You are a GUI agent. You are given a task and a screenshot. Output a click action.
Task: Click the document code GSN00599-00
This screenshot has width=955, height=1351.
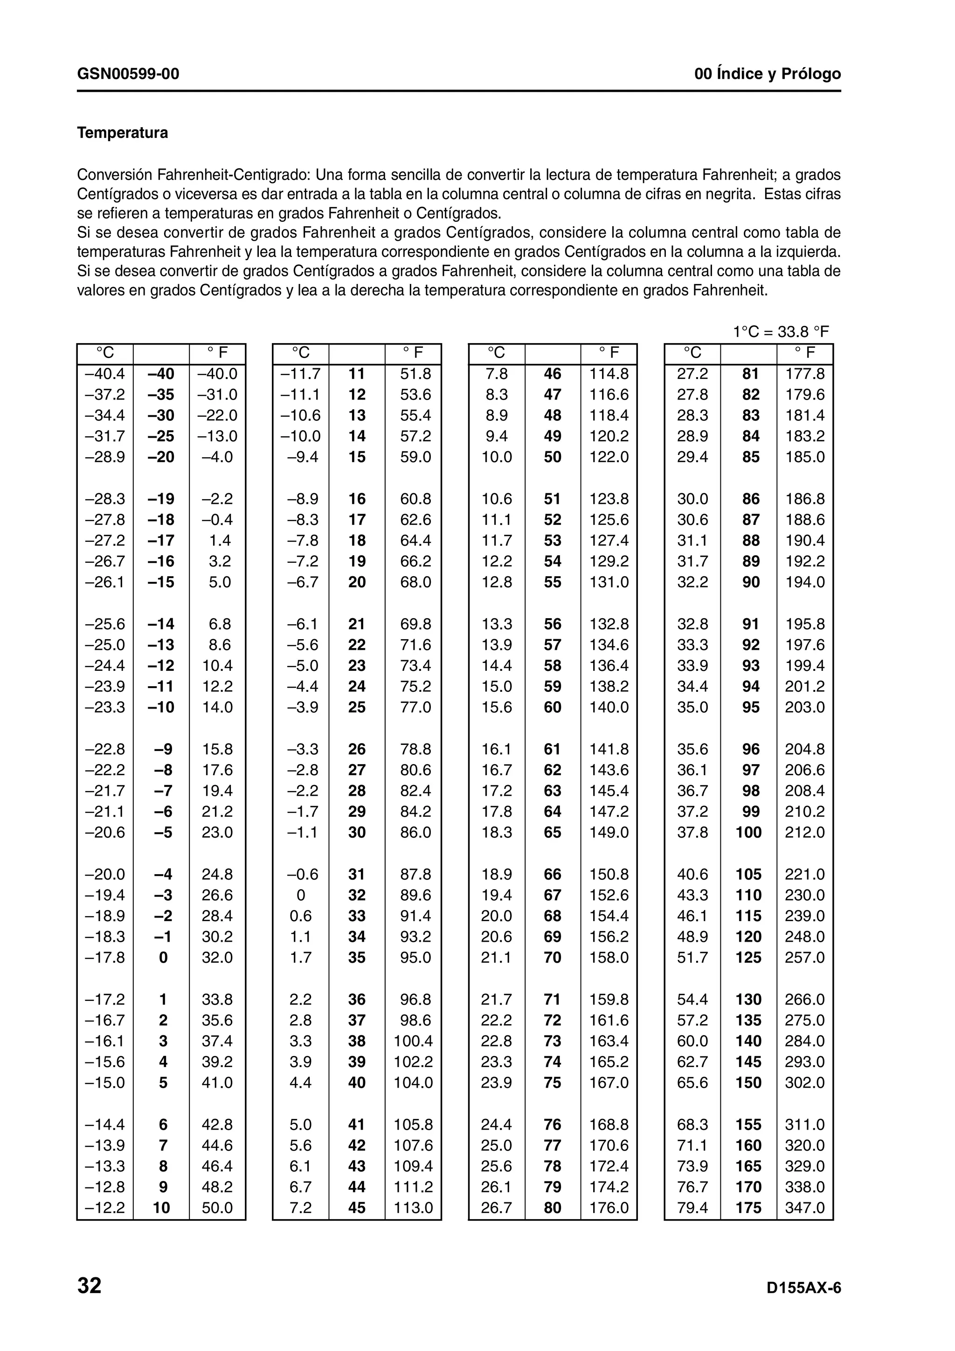pos(128,74)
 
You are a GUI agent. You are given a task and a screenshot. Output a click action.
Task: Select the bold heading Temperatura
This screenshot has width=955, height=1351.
pos(122,133)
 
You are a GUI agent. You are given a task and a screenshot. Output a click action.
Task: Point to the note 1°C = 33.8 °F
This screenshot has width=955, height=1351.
pos(780,332)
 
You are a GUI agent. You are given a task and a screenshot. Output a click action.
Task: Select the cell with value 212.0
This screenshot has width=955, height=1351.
pos(805,833)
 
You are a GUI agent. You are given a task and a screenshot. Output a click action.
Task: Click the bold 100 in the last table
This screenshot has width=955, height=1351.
pos(748,833)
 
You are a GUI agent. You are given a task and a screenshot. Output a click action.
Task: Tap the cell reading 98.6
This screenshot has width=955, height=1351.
pos(415,1020)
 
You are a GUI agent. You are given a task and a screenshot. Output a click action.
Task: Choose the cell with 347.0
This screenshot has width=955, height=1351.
pos(805,1208)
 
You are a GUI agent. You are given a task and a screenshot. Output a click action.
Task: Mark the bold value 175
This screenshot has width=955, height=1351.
pos(748,1208)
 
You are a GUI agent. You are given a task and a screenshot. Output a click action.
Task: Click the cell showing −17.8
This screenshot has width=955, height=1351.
pos(105,958)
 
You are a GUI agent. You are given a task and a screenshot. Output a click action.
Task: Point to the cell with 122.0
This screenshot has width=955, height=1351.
pos(609,457)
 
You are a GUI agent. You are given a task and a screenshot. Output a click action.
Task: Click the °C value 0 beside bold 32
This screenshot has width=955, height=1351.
pos(301,896)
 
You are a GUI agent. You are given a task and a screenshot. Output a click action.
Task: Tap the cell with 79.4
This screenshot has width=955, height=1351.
pos(692,1208)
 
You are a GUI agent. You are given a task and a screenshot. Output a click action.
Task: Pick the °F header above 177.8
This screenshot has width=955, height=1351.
pos(805,353)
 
